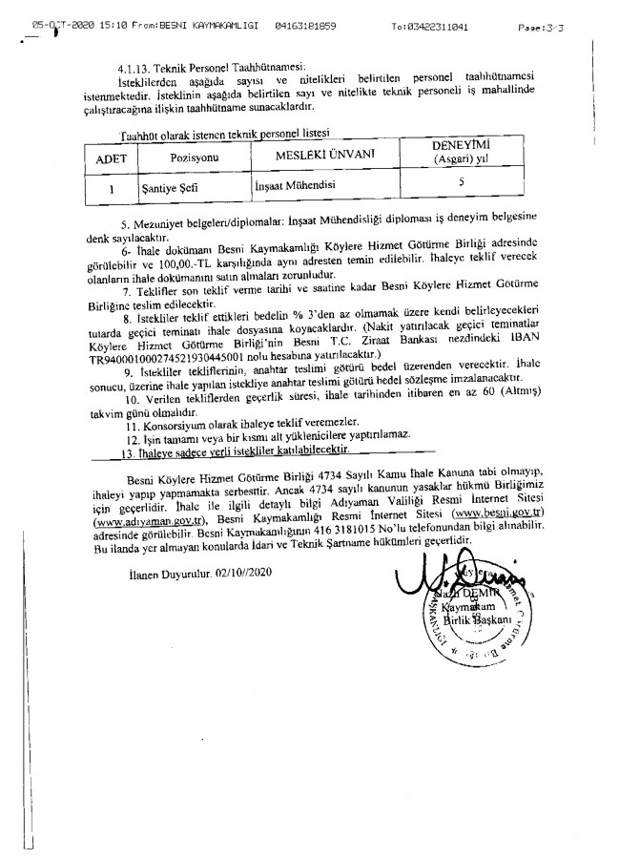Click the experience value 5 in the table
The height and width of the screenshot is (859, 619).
[x=461, y=180]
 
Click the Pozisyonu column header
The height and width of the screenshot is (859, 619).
[x=196, y=157]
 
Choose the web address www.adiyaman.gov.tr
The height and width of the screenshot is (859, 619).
[x=149, y=521]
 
